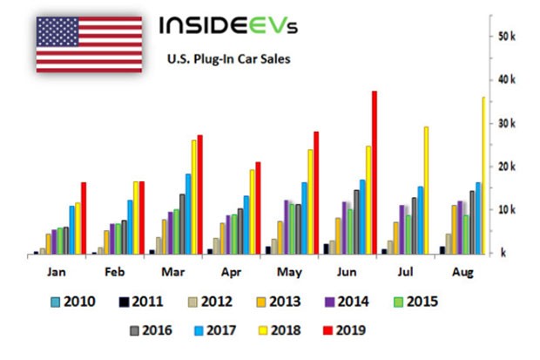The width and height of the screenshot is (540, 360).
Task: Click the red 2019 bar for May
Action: [316, 193]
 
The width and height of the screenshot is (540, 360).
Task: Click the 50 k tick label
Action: [509, 37]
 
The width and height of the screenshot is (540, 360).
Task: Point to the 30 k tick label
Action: [509, 123]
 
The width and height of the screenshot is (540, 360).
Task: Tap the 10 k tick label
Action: [509, 210]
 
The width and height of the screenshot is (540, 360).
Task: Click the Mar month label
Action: [172, 271]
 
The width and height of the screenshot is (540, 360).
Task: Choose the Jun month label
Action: [346, 271]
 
